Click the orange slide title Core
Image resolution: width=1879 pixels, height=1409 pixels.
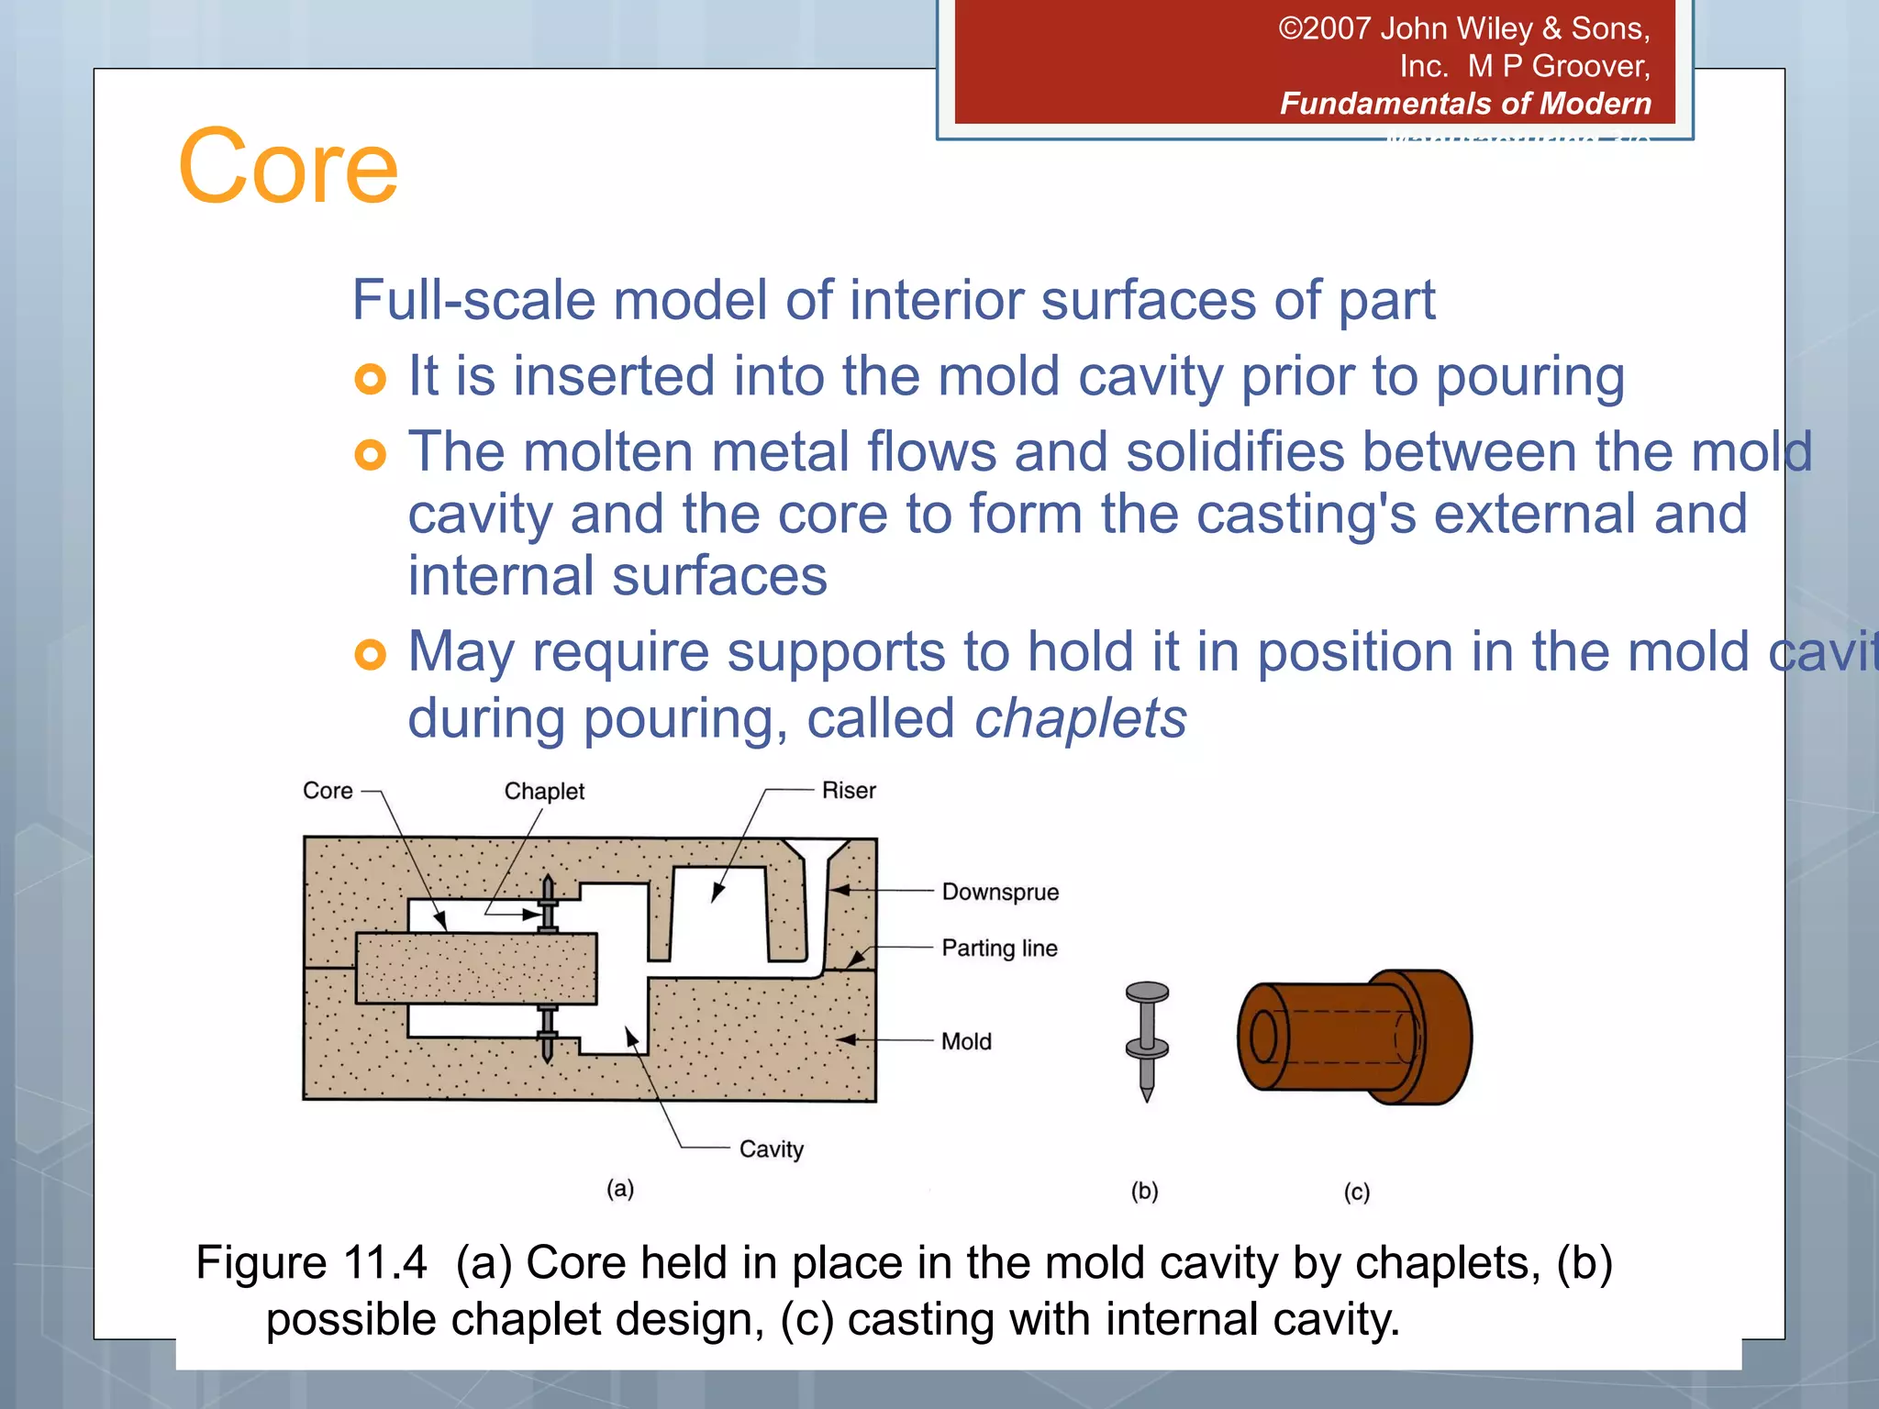tap(288, 167)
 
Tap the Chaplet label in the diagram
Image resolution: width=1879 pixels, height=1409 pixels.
tap(544, 791)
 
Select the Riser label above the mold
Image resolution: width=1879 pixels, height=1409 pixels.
tap(848, 790)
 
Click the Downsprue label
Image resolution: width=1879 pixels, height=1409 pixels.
tap(1000, 892)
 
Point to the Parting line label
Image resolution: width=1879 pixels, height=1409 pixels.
tap(999, 948)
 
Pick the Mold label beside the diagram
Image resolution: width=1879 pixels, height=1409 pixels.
tap(966, 1041)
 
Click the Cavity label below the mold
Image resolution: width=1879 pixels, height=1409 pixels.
tap(771, 1148)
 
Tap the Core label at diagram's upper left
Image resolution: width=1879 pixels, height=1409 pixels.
tap(328, 791)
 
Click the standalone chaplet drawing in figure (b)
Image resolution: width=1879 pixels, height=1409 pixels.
tap(1147, 1040)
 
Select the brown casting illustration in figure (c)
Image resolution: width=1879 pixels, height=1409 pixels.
tap(1354, 1037)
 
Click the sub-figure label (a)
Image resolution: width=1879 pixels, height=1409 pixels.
tap(620, 1189)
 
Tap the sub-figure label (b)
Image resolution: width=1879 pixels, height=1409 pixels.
tap(1144, 1191)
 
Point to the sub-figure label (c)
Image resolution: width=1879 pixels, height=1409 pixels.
tap(1356, 1192)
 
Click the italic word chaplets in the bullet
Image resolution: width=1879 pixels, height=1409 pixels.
tap(1080, 718)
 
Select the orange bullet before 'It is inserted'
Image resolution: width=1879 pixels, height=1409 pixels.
tap(370, 379)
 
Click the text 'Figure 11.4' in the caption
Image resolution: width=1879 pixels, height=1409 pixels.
tap(311, 1262)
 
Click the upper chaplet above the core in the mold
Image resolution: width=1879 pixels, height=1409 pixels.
tap(548, 904)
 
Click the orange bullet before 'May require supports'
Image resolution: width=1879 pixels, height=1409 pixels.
tap(370, 654)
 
